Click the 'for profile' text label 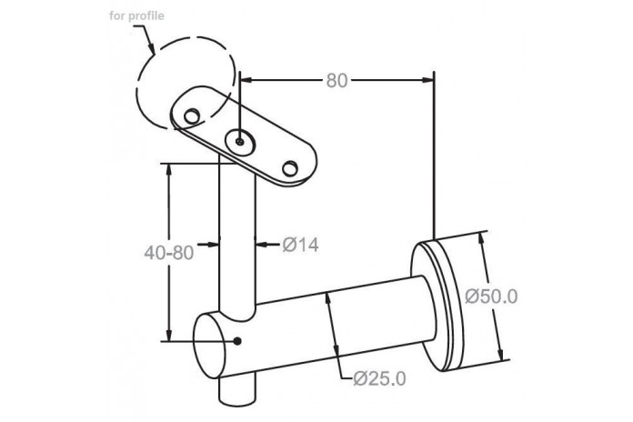click(x=136, y=16)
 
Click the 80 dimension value click(x=337, y=80)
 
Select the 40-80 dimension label click(x=169, y=253)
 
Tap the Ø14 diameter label click(x=301, y=245)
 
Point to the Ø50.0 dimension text click(x=491, y=296)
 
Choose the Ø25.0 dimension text click(x=379, y=378)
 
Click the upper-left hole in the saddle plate click(x=191, y=116)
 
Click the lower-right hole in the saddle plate click(x=290, y=168)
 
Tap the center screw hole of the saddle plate click(x=240, y=142)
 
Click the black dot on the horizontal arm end click(x=237, y=341)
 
